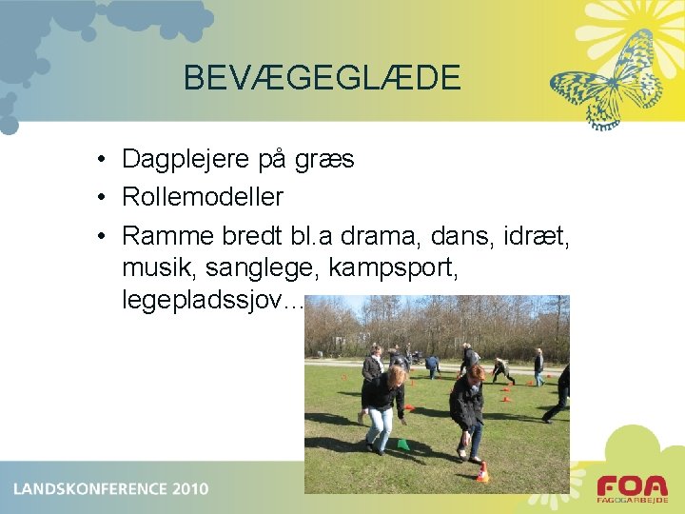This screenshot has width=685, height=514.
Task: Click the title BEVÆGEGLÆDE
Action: [322, 77]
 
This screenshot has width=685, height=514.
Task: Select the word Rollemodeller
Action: [203, 197]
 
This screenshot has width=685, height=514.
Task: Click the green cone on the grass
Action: [403, 444]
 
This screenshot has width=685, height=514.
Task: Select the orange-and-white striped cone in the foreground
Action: [482, 471]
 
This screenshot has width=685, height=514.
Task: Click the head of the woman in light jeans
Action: [395, 376]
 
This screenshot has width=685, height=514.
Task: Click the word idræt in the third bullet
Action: [533, 234]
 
